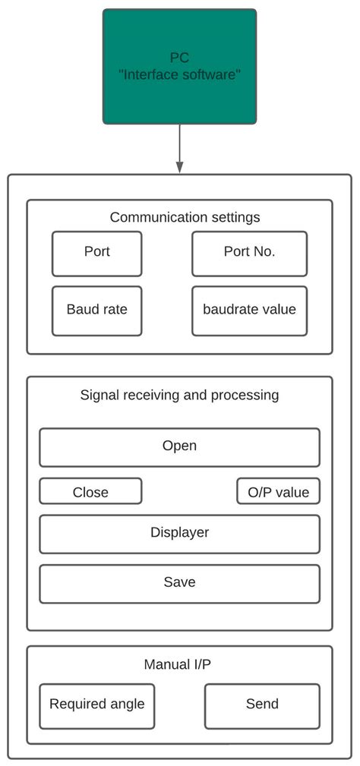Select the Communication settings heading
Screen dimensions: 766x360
tap(185, 217)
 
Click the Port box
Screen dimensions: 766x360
tap(96, 254)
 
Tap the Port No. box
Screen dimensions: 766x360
tap(249, 254)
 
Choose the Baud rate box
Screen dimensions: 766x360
tap(96, 310)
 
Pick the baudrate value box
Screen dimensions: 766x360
tap(249, 310)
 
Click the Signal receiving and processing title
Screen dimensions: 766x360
tap(179, 395)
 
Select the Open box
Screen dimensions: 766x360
tap(179, 446)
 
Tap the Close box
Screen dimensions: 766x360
tap(90, 491)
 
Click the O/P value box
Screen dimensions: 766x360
tap(278, 491)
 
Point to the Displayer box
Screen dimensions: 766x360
tap(179, 534)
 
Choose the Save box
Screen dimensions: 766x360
tap(179, 583)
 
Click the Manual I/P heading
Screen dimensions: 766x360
tap(178, 664)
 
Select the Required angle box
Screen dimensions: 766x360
tap(96, 705)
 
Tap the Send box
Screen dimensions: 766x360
tap(262, 705)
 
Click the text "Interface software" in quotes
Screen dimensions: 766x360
tap(180, 74)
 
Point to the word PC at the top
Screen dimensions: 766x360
tap(180, 58)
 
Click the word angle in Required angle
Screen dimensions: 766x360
tap(126, 705)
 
